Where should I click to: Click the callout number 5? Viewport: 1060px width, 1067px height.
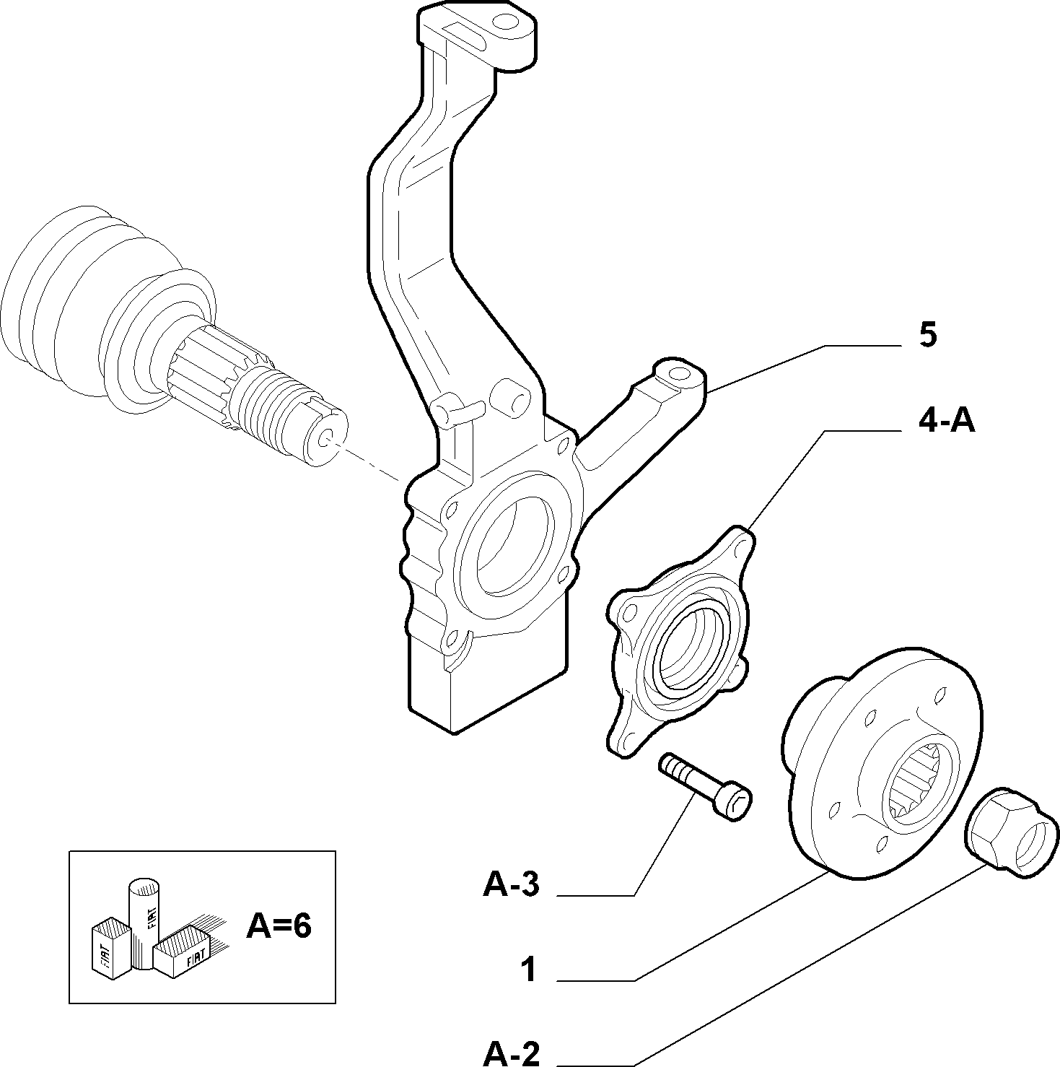[927, 336]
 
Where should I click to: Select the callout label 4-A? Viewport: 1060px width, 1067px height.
[946, 420]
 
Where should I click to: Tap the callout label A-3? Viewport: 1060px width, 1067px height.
[511, 885]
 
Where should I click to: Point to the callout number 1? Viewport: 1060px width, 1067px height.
[529, 970]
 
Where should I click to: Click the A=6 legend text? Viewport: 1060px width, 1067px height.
[279, 926]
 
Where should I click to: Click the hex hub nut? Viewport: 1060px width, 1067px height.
[1011, 832]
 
